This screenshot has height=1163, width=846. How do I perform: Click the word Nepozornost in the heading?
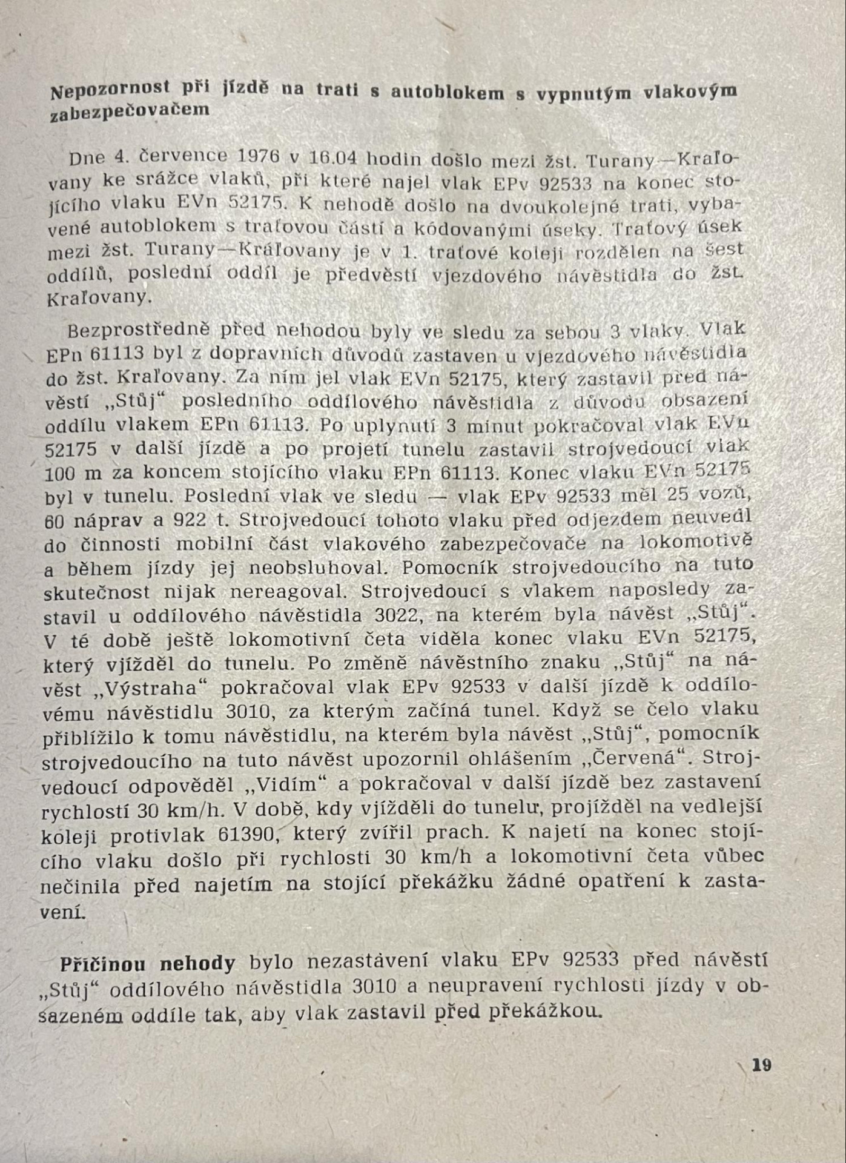pos(110,91)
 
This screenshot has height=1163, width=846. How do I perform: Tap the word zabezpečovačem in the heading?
pos(130,111)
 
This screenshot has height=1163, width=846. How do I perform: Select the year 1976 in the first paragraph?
pos(259,156)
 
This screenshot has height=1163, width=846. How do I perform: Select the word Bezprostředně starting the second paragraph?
pos(139,331)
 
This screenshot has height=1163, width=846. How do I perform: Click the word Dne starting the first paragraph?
pos(87,159)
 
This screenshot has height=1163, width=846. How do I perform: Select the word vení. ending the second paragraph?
pos(63,912)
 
